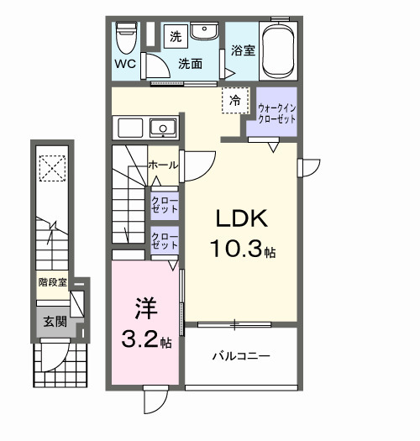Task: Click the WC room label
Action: click(x=125, y=63)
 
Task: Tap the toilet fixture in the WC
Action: click(x=126, y=36)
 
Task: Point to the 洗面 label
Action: click(x=189, y=63)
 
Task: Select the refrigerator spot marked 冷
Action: click(x=235, y=101)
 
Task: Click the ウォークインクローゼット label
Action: click(x=276, y=113)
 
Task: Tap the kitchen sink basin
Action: click(x=162, y=128)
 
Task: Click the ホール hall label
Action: click(x=163, y=165)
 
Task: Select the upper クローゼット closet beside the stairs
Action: click(x=164, y=204)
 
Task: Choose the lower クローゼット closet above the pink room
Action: click(x=164, y=241)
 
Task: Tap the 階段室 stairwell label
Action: click(x=52, y=282)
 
